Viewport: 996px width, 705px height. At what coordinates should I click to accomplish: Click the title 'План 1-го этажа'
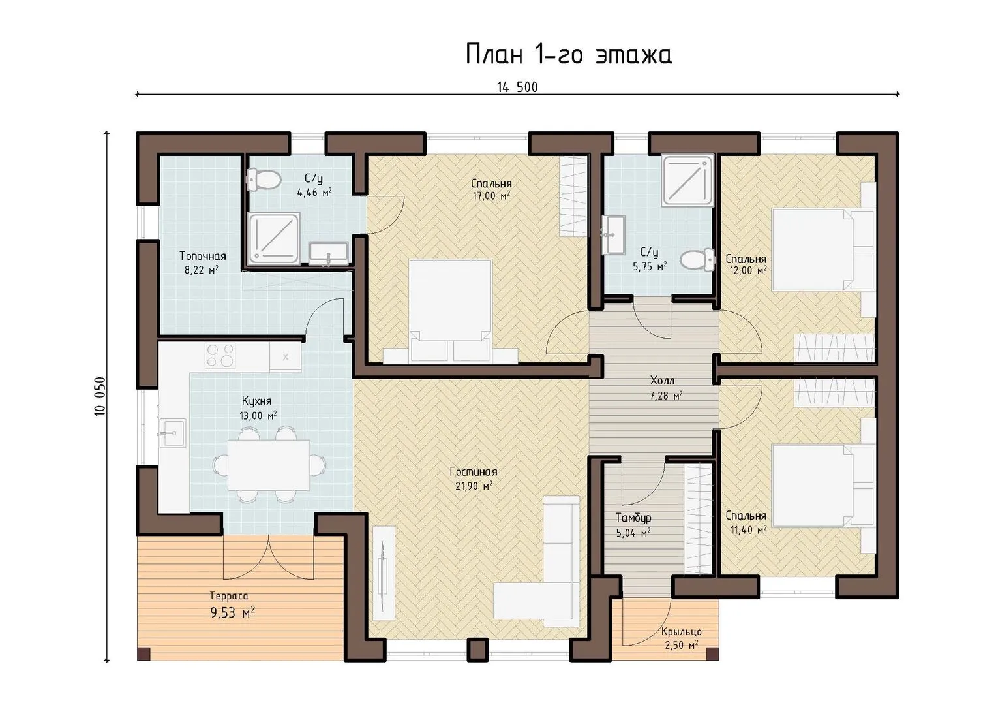569,55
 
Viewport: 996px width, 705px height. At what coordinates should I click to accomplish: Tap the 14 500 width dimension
517,87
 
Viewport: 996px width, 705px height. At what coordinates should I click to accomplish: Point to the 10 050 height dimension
100,396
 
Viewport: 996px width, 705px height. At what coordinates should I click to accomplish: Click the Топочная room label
203,256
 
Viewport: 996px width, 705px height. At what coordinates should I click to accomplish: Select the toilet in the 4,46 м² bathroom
264,180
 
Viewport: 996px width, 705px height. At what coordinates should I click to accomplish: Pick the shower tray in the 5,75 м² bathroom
688,180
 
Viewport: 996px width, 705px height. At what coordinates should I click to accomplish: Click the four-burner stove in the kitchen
220,355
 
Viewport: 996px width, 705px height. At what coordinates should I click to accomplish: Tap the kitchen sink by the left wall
173,432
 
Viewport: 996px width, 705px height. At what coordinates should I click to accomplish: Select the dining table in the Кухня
269,464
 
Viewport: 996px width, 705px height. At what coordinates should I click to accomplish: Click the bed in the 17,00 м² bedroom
451,311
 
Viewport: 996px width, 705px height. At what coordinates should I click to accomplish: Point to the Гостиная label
474,471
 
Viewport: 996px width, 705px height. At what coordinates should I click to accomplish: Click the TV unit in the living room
384,573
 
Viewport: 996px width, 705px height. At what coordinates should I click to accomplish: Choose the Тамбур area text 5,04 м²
633,533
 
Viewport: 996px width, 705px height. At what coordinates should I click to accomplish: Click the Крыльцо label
681,632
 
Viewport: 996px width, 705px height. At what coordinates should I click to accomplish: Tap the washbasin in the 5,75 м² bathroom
614,235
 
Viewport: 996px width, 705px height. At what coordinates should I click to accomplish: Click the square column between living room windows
478,650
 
